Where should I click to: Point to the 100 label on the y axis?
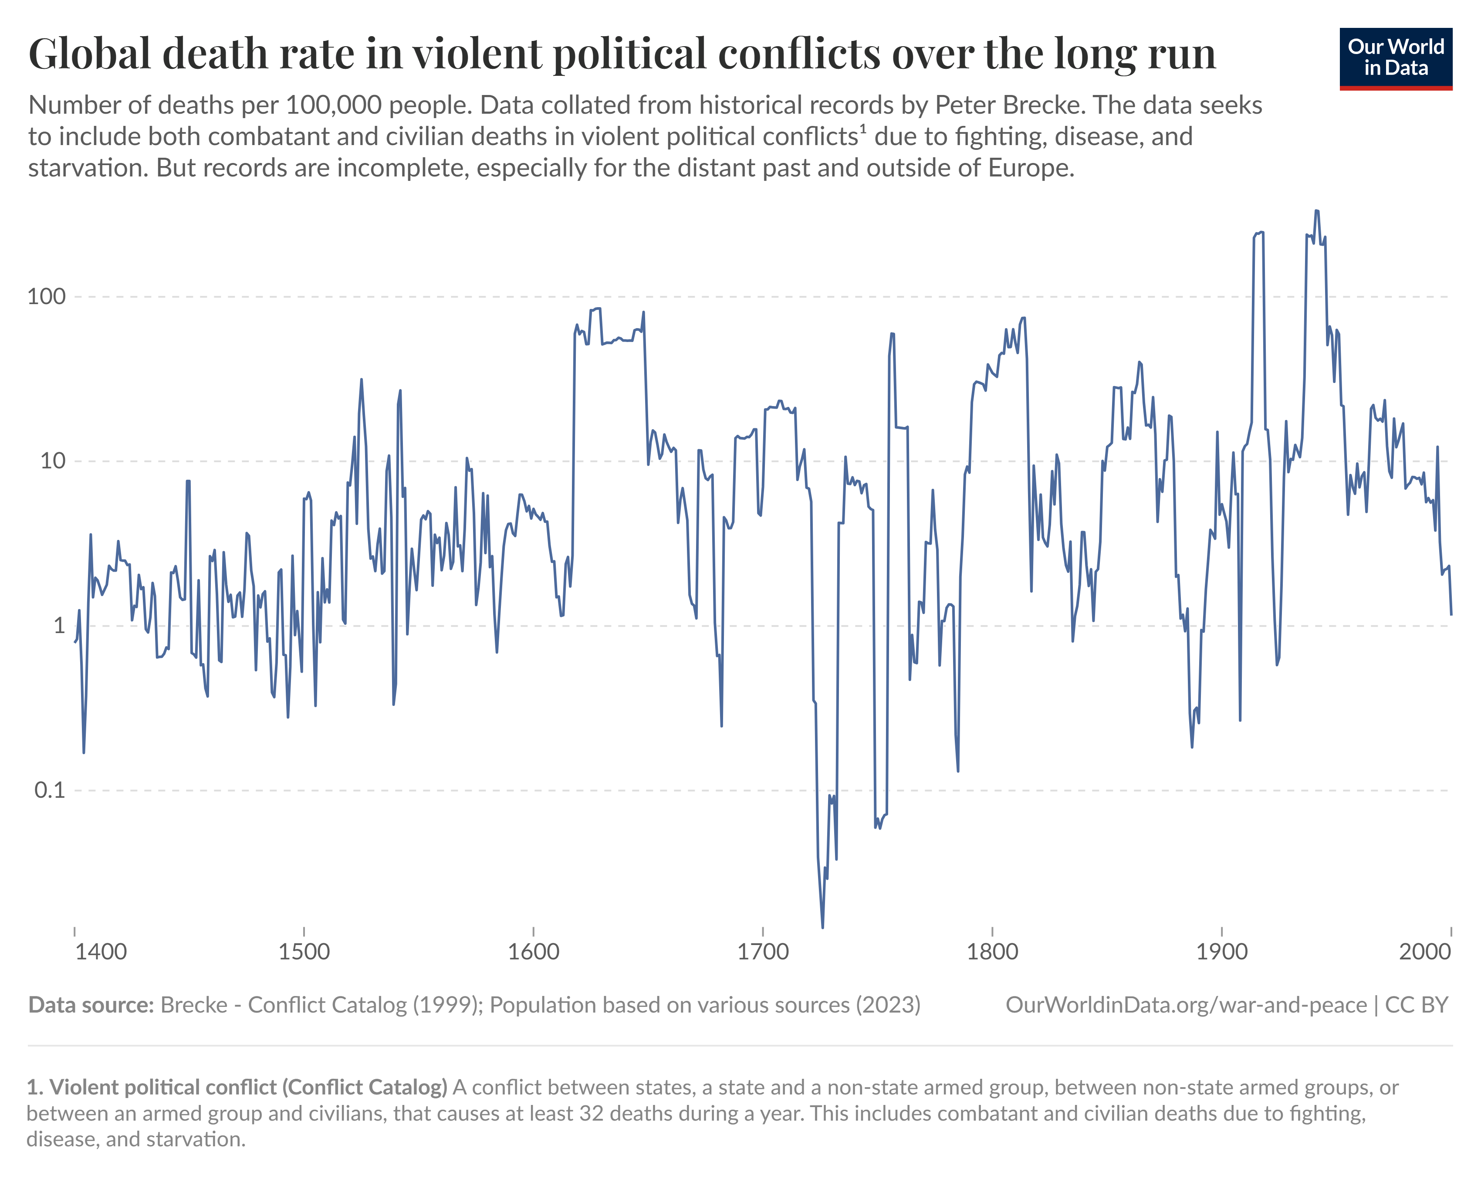coord(46,297)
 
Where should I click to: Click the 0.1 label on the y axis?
coord(50,790)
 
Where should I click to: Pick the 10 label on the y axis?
coord(52,461)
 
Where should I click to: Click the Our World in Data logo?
coord(1395,58)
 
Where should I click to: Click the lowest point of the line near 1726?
coord(822,927)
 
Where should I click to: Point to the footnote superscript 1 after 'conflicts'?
coord(863,129)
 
